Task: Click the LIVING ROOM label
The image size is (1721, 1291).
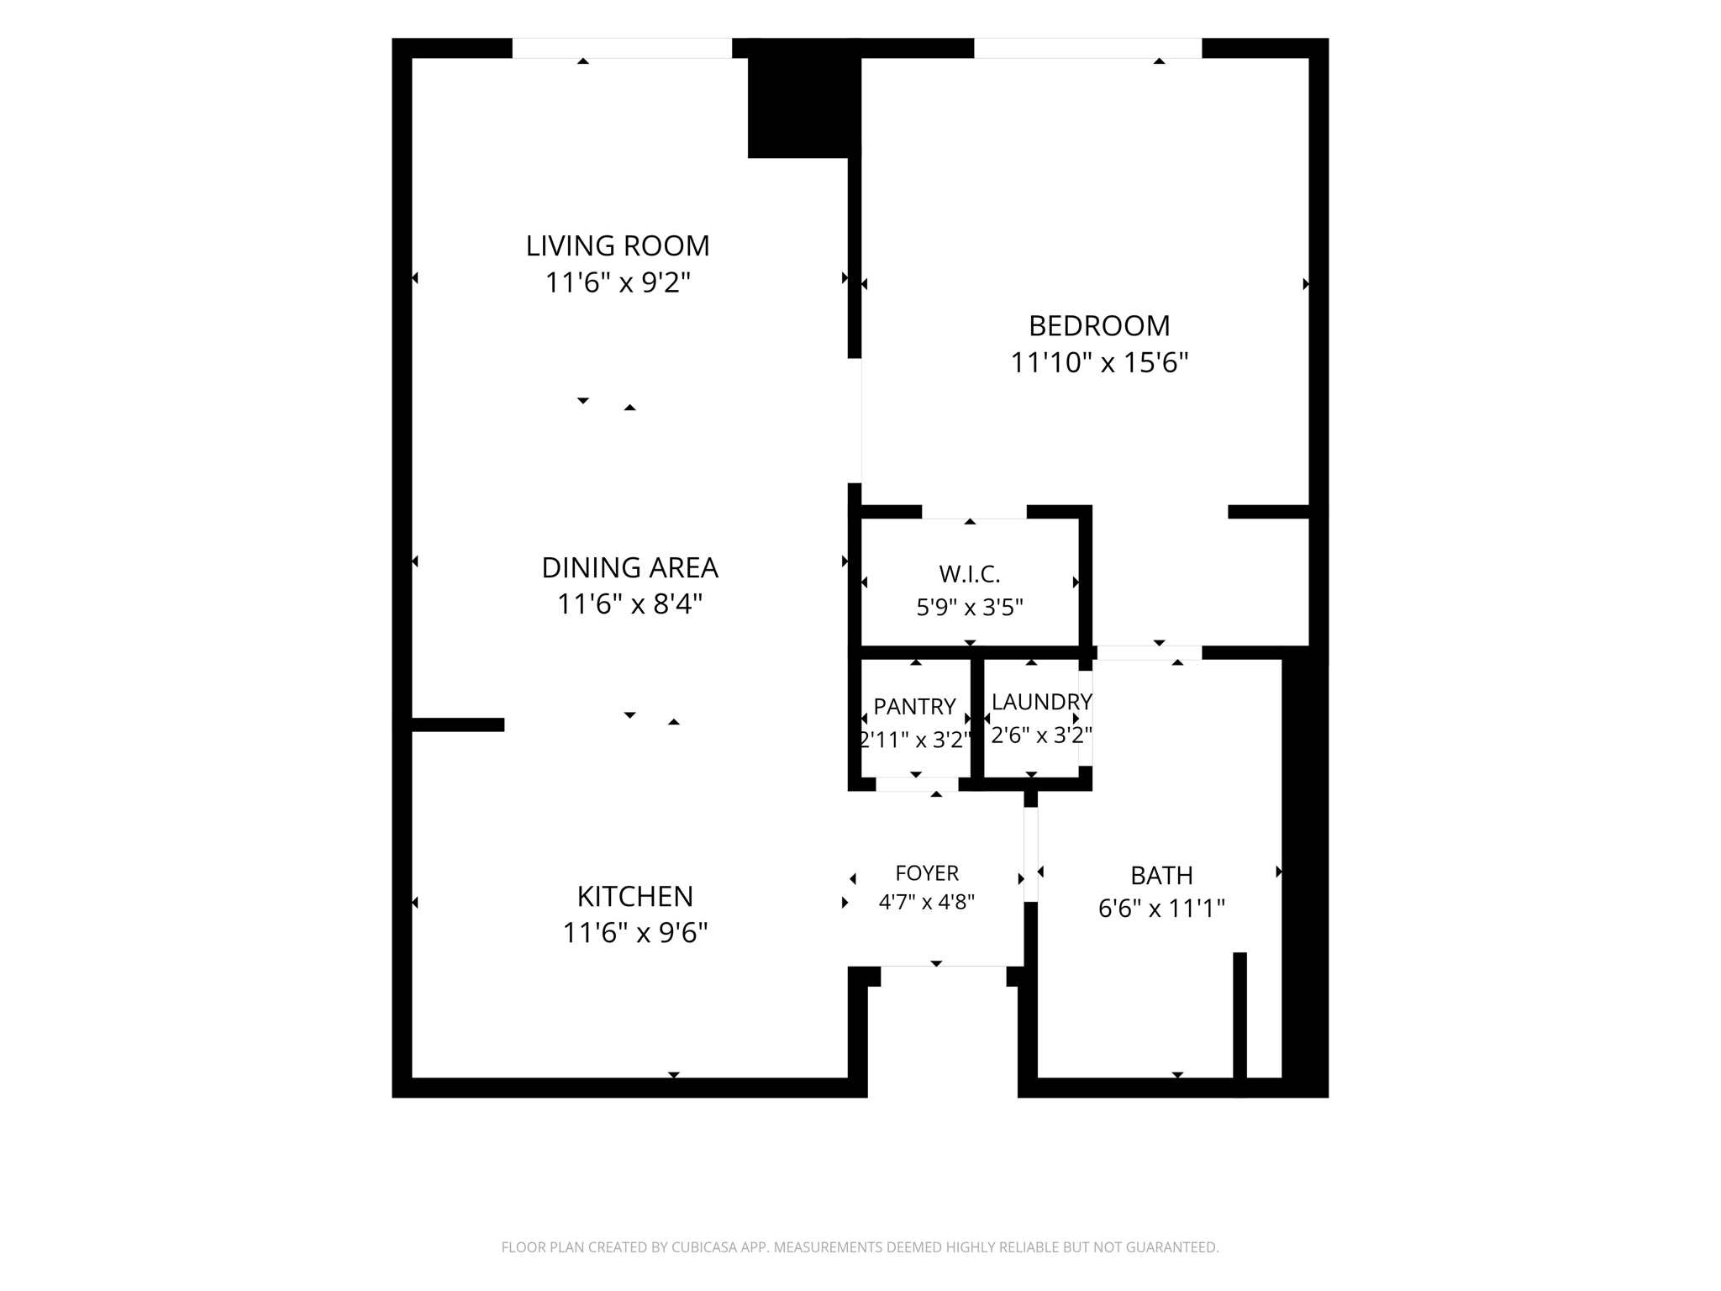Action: pos(618,246)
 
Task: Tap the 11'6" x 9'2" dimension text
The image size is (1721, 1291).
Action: pos(618,282)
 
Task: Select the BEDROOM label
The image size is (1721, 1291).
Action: pos(1099,325)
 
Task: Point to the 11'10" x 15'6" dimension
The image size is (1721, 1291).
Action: pos(1099,362)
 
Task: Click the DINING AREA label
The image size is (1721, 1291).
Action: pos(629,568)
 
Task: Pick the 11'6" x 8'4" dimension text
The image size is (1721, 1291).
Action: pos(629,604)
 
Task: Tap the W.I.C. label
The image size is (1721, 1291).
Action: pos(970,575)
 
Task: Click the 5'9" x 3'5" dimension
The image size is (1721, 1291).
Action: pos(970,607)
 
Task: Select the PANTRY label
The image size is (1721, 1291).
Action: pos(914,707)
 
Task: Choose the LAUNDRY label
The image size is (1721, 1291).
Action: pos(1041,702)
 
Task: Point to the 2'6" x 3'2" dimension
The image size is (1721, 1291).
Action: pos(1041,735)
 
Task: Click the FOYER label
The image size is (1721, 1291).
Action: pos(927,873)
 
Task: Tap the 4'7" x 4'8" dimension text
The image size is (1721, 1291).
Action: pos(927,902)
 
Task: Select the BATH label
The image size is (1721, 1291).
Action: pos(1161,876)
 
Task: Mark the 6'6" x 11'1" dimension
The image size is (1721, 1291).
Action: pos(1161,909)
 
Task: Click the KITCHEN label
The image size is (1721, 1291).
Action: pos(634,897)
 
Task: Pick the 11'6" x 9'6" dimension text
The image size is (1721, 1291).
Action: pos(634,933)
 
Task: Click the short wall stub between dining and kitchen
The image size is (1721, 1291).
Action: pos(458,725)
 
